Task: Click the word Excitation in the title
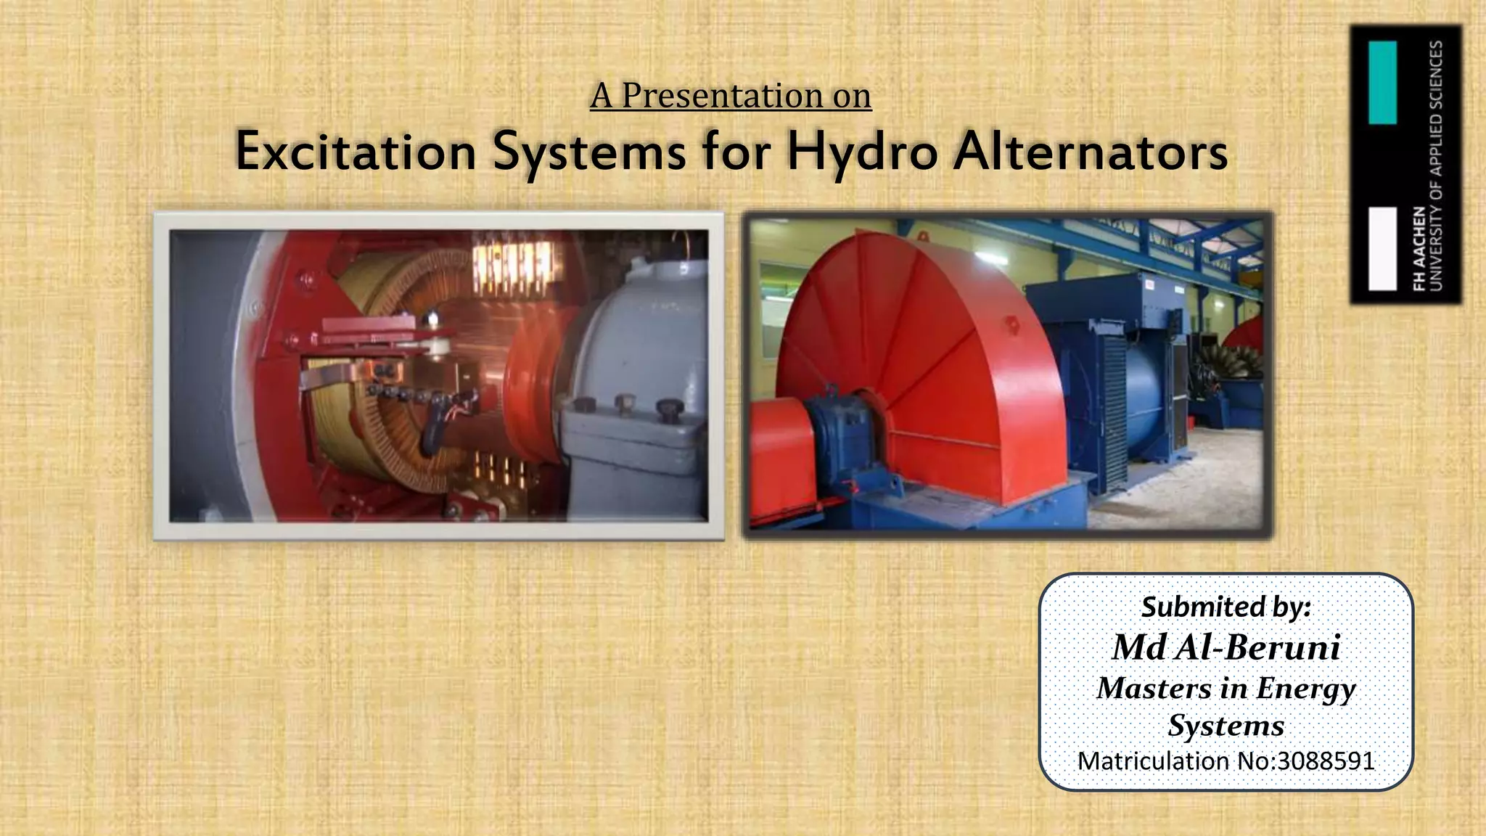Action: pos(356,152)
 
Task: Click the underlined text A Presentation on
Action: pos(731,96)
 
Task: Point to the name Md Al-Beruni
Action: pos(1226,647)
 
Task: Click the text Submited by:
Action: pos(1226,607)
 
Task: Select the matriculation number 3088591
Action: pos(1326,761)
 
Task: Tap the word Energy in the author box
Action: pos(1305,688)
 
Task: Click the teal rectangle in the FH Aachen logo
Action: pos(1382,82)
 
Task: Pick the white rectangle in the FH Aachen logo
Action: pos(1382,249)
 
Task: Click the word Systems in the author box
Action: pos(1226,726)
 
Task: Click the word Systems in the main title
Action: pos(589,152)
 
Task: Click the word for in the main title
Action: pos(736,152)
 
